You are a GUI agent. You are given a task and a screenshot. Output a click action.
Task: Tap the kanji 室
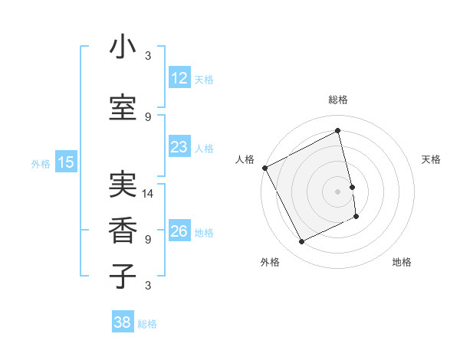[x=123, y=108]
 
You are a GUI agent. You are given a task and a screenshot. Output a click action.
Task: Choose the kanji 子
[x=123, y=276]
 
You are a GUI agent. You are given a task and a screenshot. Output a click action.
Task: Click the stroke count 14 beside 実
[x=148, y=194]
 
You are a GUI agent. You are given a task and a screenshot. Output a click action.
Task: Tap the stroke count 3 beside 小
[x=148, y=56]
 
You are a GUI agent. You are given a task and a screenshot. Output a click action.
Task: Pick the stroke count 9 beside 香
[x=148, y=239]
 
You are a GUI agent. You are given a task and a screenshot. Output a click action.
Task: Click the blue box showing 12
[x=179, y=77]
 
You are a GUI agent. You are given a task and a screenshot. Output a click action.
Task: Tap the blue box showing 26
[x=179, y=231]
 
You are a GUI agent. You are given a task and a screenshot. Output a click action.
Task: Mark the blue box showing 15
[x=66, y=162]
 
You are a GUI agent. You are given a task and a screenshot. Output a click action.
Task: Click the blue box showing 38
[x=123, y=322]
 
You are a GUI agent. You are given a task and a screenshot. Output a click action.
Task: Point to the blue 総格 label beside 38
[x=147, y=324]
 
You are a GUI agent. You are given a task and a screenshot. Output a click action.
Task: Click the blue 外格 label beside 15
[x=41, y=163]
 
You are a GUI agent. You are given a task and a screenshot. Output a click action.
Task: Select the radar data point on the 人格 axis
[x=264, y=168]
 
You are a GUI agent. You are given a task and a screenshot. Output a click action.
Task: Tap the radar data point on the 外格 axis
[x=301, y=242]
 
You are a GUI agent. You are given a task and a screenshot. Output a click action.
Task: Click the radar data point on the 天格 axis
[x=352, y=187]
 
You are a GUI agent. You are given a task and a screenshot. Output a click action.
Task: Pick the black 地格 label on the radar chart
[x=402, y=262]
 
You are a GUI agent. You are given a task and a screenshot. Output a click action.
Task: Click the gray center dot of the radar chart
[x=337, y=191]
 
